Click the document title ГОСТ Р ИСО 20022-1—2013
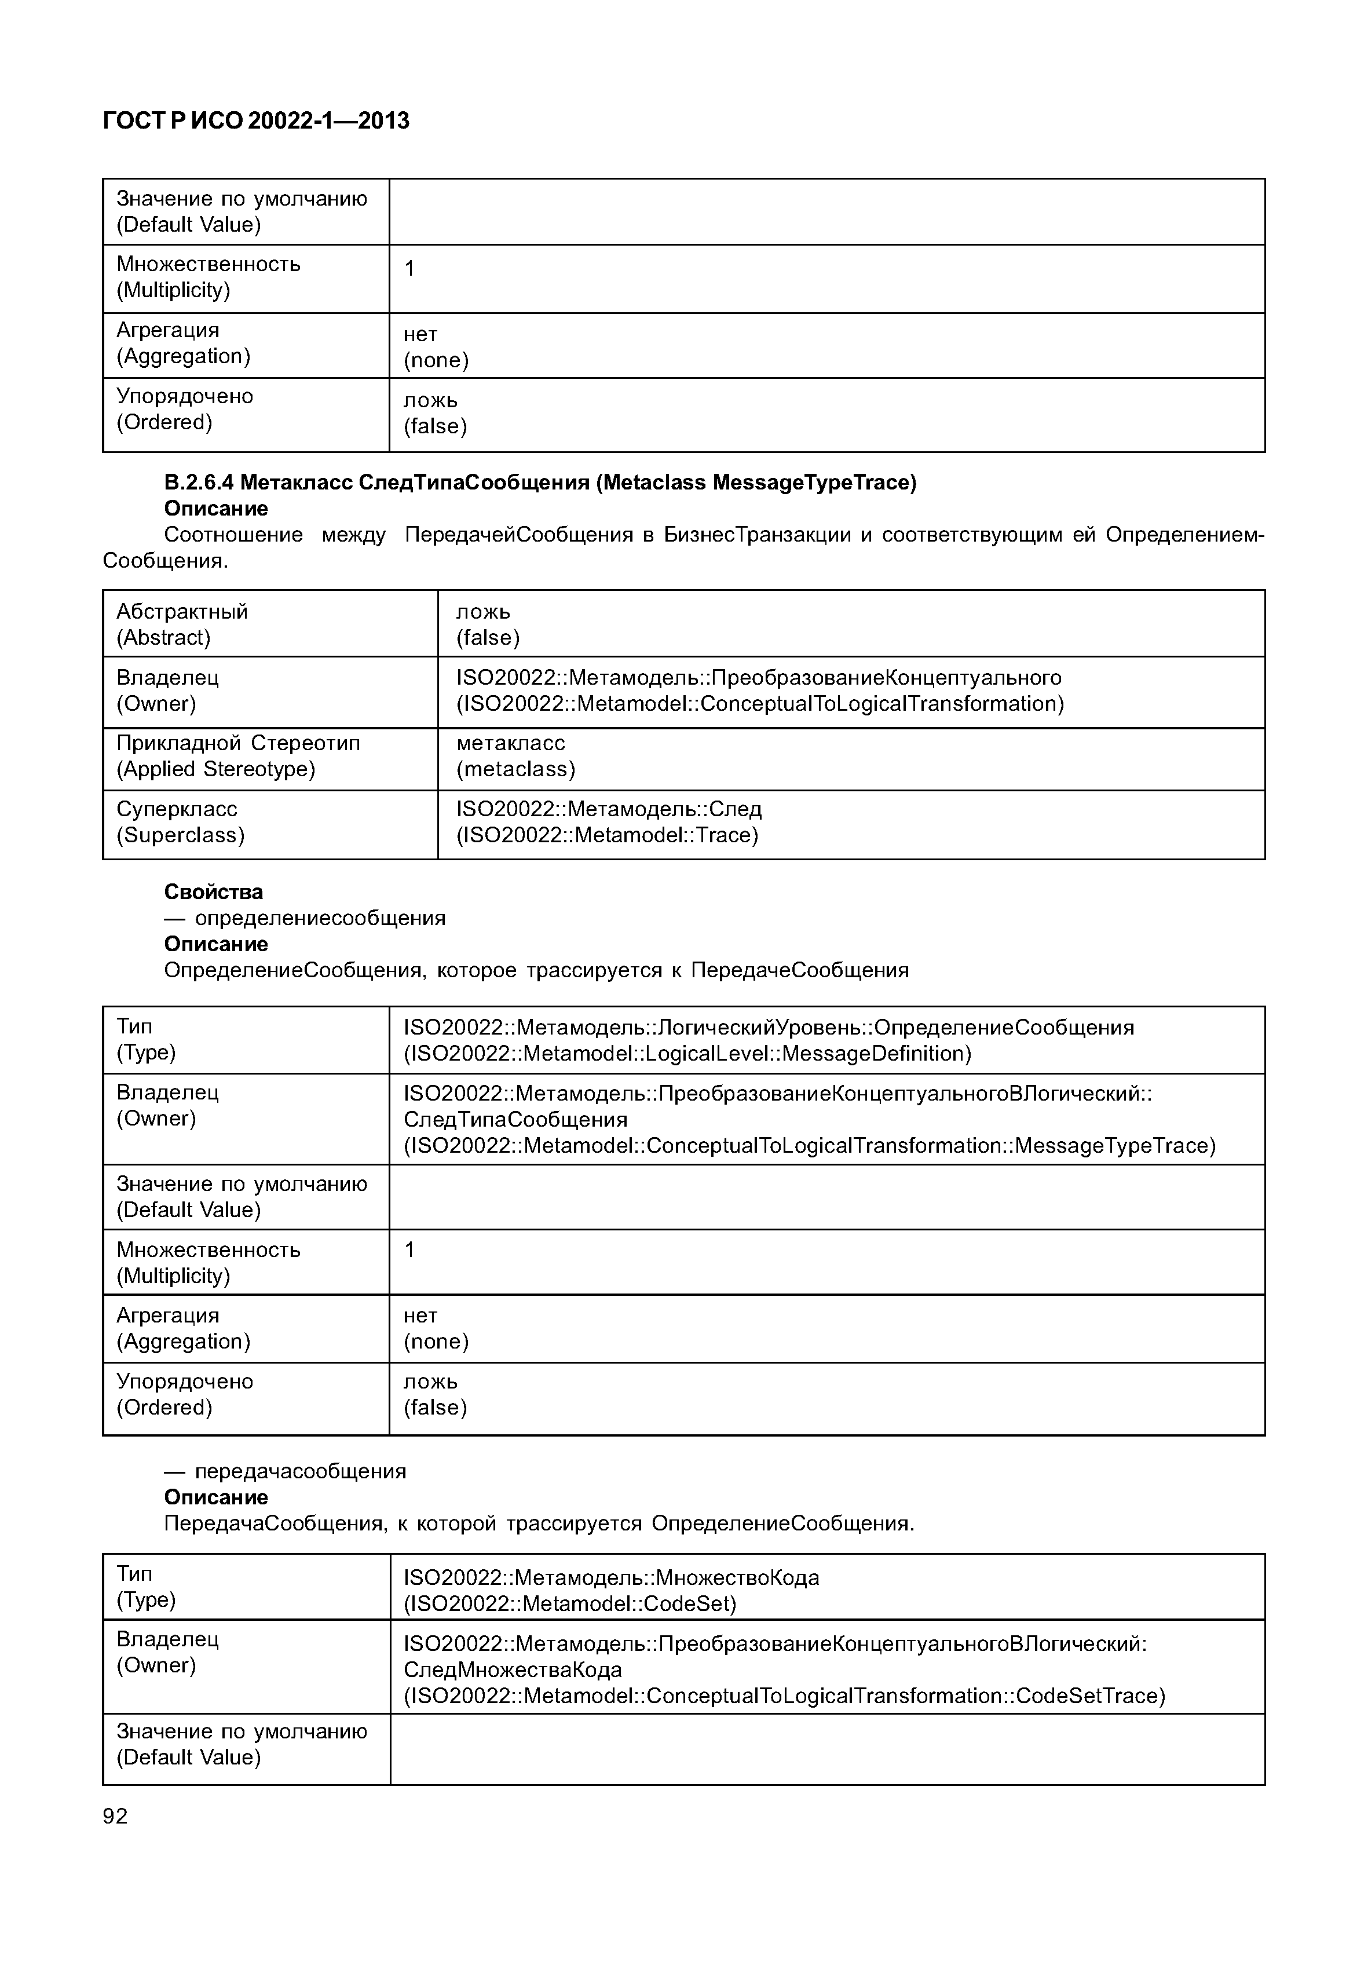pyautogui.click(x=255, y=121)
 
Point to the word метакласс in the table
pyautogui.click(x=510, y=743)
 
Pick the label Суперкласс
pyautogui.click(x=177, y=809)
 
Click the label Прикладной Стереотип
pyautogui.click(x=238, y=743)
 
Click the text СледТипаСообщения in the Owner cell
pyautogui.click(x=515, y=1119)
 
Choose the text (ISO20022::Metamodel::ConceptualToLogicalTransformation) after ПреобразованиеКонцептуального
pyautogui.click(x=759, y=703)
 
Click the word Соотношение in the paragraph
pyautogui.click(x=233, y=535)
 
